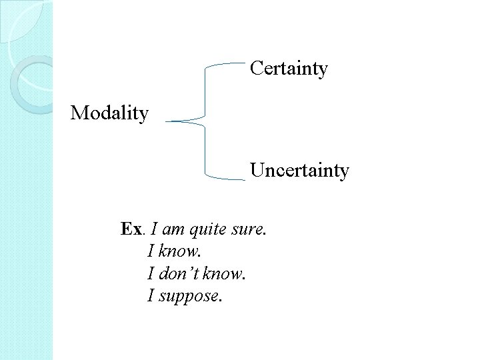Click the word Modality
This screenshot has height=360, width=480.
click(109, 113)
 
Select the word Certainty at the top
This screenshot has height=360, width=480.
click(289, 69)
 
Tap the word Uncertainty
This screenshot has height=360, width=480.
click(299, 171)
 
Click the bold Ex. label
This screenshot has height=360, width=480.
click(131, 230)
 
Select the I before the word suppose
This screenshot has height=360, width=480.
click(151, 295)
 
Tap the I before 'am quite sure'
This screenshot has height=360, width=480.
click(155, 230)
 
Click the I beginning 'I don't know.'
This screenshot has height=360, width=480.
click(151, 274)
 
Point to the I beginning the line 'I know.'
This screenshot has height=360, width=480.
click(151, 252)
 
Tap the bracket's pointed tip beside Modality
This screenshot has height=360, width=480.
click(168, 121)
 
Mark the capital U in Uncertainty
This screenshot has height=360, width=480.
click(257, 171)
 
